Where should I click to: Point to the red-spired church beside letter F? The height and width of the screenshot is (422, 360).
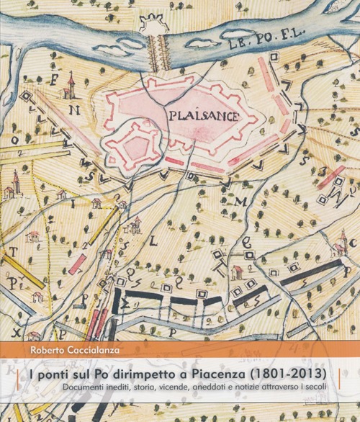(69, 87)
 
